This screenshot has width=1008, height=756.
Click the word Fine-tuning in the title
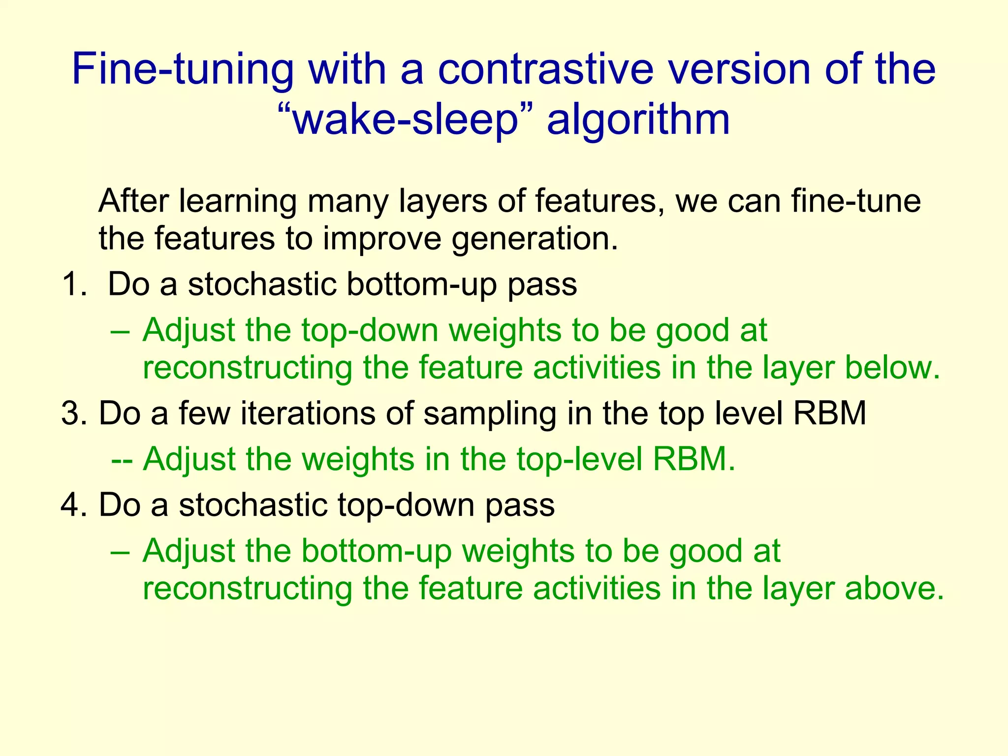click(x=182, y=70)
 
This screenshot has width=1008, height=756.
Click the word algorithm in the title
click(x=638, y=120)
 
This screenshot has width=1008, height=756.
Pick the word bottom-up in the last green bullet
click(x=376, y=551)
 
